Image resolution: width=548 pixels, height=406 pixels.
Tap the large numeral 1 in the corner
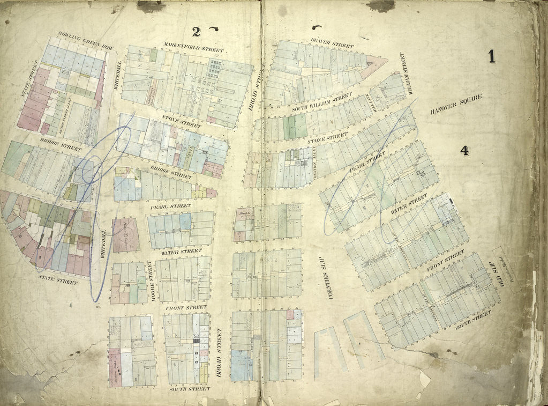click(x=491, y=56)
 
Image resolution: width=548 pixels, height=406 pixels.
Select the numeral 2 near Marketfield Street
click(x=196, y=32)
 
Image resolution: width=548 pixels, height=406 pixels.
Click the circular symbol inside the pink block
click(x=126, y=234)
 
